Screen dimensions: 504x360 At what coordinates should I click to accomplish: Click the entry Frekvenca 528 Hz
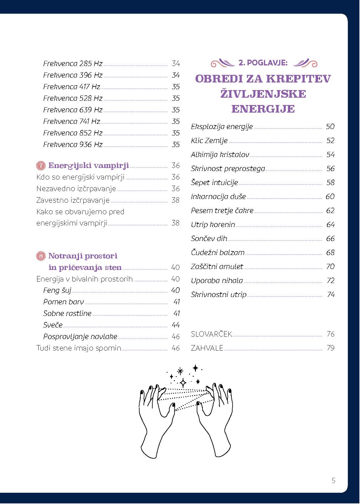click(x=73, y=98)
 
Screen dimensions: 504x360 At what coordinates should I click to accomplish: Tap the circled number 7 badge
click(x=40, y=166)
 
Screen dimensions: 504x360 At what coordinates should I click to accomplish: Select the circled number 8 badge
click(x=40, y=256)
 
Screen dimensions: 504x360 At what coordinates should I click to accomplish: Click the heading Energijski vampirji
click(x=88, y=166)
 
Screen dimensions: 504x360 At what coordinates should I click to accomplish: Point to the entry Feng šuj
click(x=57, y=290)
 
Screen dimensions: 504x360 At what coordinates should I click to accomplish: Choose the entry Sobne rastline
click(x=67, y=313)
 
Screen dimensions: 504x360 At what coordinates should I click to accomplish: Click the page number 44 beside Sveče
click(x=175, y=325)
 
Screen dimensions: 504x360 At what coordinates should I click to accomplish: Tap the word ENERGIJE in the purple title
click(x=263, y=109)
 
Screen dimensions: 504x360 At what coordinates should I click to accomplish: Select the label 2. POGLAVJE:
click(x=263, y=63)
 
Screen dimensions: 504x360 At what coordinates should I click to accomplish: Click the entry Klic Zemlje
click(x=209, y=141)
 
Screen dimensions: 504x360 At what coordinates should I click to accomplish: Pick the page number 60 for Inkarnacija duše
click(x=330, y=197)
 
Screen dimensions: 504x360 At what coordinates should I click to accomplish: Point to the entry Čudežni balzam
click(x=218, y=253)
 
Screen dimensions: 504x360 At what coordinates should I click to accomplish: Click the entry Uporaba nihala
click(x=217, y=281)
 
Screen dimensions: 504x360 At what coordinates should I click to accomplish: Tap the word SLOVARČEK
click(x=211, y=334)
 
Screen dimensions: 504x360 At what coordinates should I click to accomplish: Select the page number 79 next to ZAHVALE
click(x=330, y=348)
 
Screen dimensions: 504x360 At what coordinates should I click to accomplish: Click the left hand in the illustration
click(x=155, y=423)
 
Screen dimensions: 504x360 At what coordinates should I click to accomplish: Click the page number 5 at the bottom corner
click(x=334, y=481)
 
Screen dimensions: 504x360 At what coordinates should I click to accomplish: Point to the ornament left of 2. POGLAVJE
click(x=223, y=63)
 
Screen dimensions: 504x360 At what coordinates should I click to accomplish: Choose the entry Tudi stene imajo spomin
click(x=79, y=348)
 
